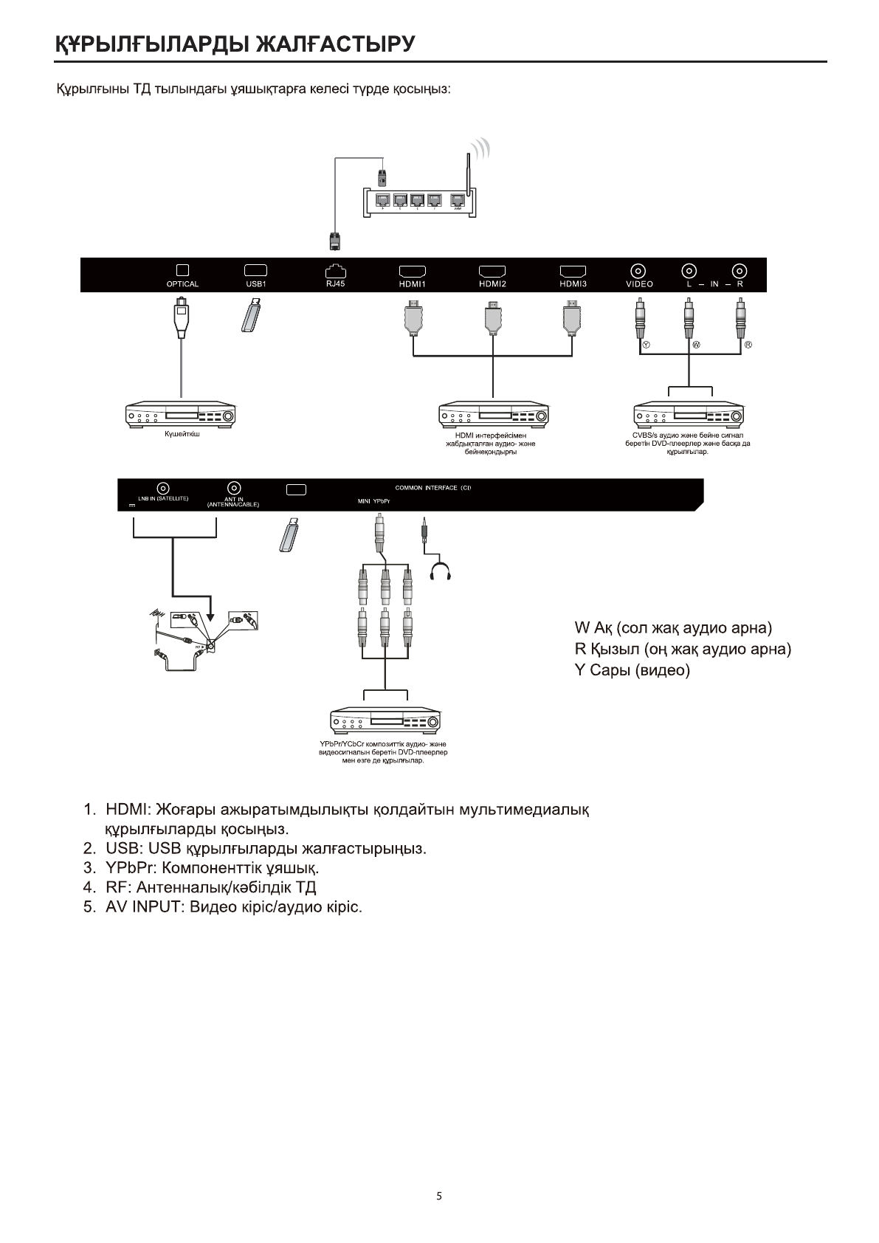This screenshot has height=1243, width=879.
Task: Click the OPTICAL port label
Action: tap(182, 284)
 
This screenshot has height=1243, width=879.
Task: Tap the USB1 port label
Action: tap(255, 284)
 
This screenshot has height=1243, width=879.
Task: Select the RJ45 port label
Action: tap(335, 283)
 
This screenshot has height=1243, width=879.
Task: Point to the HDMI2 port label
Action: tap(492, 284)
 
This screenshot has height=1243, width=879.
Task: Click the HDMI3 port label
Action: tap(573, 284)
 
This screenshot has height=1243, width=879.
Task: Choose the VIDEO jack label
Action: tap(639, 284)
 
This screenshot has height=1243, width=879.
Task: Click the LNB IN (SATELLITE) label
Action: tap(163, 499)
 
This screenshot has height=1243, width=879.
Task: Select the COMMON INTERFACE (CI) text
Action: tap(433, 488)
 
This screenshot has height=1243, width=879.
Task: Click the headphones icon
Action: tap(441, 571)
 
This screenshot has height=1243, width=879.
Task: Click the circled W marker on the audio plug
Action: tap(695, 345)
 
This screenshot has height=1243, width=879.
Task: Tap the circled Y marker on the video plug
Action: tap(646, 345)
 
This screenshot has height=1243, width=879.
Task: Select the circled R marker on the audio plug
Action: tap(748, 345)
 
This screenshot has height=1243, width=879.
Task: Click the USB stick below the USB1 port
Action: tap(251, 315)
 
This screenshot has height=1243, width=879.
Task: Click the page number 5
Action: tap(439, 1196)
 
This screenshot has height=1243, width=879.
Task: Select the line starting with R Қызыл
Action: tap(683, 650)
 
